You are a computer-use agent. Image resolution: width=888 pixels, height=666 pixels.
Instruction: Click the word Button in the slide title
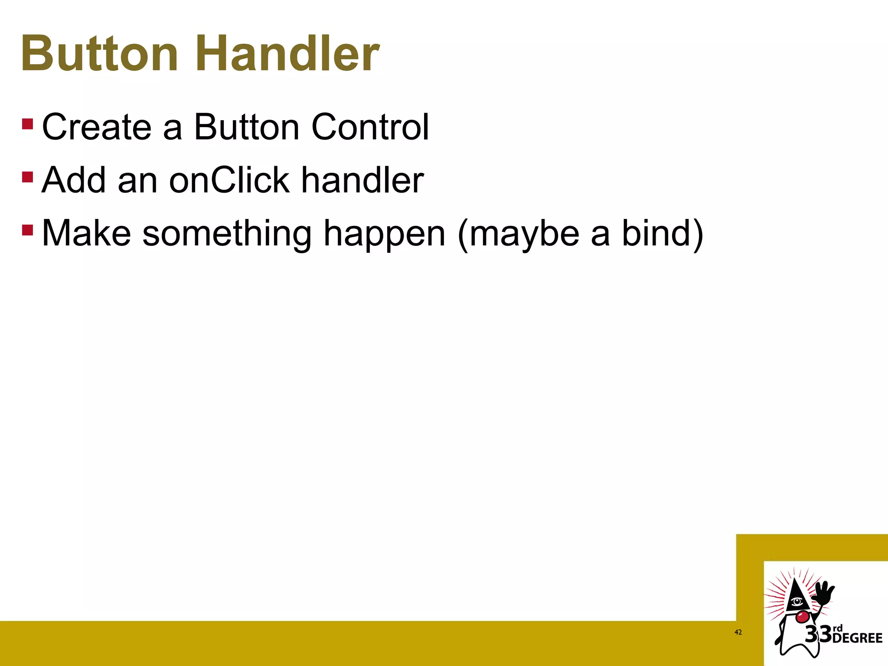[100, 54]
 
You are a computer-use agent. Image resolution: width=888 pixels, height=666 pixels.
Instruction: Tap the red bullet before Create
[27, 124]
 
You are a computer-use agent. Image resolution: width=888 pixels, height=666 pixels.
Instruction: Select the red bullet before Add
[27, 177]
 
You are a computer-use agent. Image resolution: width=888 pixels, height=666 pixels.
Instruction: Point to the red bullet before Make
[27, 230]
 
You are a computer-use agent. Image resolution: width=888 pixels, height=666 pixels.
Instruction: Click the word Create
[96, 127]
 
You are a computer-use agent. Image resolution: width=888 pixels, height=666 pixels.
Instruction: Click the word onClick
[229, 180]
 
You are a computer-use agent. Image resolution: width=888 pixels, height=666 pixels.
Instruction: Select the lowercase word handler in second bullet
[362, 180]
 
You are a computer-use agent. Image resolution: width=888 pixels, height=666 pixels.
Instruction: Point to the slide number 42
[738, 632]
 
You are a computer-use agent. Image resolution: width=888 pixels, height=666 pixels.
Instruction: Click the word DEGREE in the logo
[857, 638]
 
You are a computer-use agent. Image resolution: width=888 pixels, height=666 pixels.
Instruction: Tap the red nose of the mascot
[802, 616]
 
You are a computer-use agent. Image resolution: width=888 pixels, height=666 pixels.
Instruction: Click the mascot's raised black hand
[823, 594]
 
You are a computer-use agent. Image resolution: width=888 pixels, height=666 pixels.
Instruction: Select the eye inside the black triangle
[797, 601]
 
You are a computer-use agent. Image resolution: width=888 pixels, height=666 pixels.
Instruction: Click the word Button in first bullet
[246, 127]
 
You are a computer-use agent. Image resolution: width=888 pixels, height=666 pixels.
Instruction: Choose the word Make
[86, 234]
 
